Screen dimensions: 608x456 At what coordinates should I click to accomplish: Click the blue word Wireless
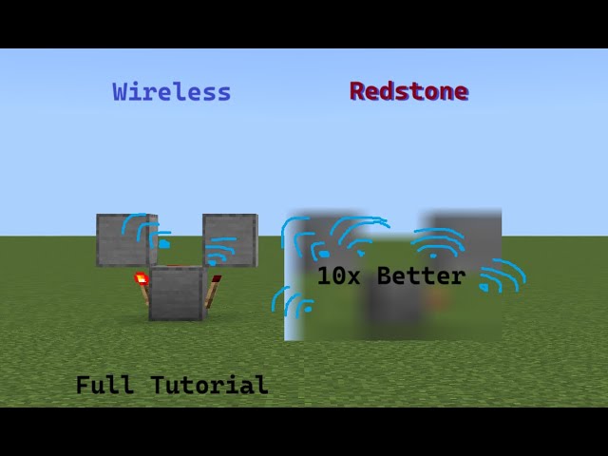coord(171,92)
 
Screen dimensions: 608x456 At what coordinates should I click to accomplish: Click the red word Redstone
coord(408,91)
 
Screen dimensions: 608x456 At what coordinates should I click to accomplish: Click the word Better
coord(421,275)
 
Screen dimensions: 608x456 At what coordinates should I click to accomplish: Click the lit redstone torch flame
coord(141,278)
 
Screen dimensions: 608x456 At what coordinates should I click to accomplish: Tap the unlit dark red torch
coord(217,280)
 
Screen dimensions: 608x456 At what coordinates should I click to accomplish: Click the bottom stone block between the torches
coord(177,293)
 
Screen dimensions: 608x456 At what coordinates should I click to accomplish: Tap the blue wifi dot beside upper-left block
coord(163,243)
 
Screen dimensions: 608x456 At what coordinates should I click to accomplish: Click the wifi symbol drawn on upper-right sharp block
coord(219,255)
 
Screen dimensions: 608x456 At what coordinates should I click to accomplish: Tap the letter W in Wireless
coord(122,92)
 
